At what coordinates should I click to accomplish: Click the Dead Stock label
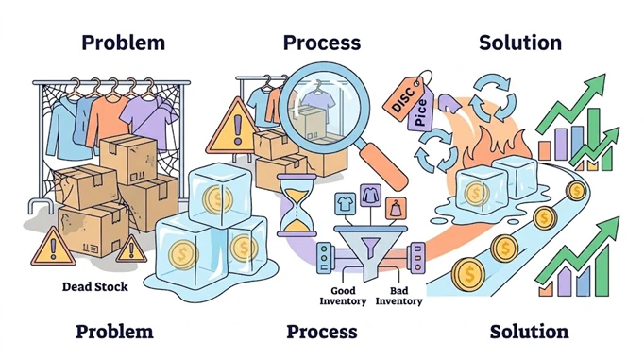tap(94, 286)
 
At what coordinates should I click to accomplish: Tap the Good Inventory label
tap(343, 296)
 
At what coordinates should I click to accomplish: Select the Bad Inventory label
tap(398, 296)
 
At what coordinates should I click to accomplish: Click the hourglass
tap(297, 205)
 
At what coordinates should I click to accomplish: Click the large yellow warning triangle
tap(234, 127)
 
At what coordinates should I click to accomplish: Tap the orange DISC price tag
tap(403, 99)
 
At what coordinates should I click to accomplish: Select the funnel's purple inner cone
tap(370, 247)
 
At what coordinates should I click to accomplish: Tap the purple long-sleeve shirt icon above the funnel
tap(370, 196)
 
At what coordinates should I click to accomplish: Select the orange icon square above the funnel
tap(396, 208)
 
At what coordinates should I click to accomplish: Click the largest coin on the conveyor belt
tap(468, 274)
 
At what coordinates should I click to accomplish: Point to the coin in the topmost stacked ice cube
tap(217, 199)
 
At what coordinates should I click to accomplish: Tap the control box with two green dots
tap(324, 258)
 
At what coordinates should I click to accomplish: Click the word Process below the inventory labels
tap(322, 332)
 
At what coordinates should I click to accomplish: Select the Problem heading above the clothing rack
tap(123, 43)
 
